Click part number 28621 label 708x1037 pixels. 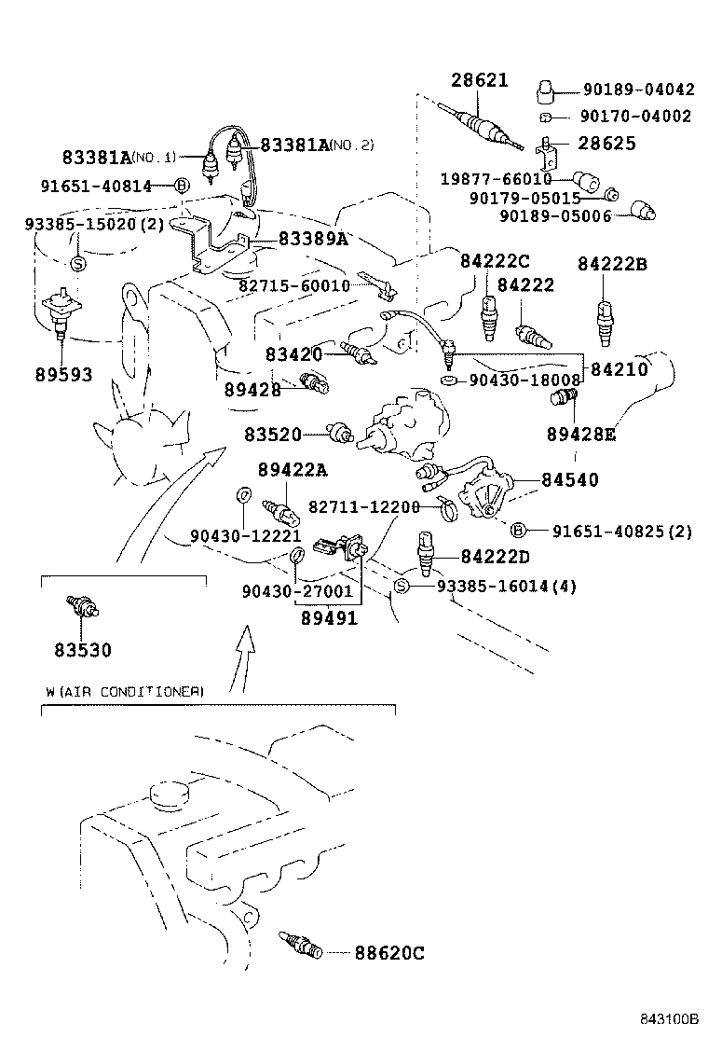coord(480,80)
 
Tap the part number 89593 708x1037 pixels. coord(62,375)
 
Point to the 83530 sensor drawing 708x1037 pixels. coord(82,607)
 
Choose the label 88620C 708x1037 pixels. coord(388,952)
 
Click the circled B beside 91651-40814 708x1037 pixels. coord(183,186)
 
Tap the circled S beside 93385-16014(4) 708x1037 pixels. coord(402,586)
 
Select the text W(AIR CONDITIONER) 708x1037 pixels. coord(124,691)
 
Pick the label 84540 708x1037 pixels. coord(570,479)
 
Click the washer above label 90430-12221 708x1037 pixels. coord(242,493)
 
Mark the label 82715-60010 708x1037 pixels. coord(293,285)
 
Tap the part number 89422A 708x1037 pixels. coord(293,469)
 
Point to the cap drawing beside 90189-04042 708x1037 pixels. coord(547,91)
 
